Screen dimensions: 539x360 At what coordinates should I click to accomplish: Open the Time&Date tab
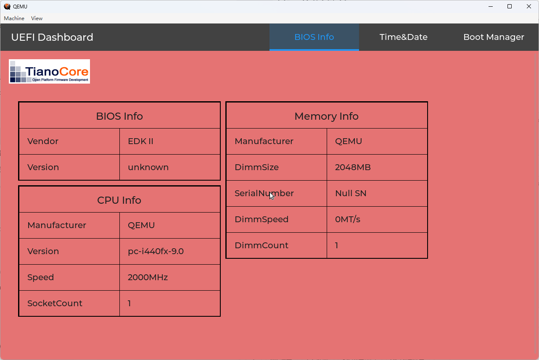click(403, 37)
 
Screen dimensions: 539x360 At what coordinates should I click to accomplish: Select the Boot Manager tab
click(494, 37)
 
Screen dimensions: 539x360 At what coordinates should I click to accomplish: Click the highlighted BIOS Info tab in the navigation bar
click(314, 37)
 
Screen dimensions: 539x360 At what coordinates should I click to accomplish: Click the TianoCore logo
click(49, 71)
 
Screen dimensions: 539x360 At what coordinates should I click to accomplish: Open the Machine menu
click(14, 18)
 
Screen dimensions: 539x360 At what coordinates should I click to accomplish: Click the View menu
click(37, 18)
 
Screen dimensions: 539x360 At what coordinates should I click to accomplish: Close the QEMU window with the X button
click(528, 6)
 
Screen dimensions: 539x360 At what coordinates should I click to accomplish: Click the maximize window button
click(510, 6)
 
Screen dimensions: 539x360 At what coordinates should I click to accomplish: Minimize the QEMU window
click(491, 6)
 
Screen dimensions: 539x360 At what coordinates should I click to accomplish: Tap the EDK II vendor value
click(140, 141)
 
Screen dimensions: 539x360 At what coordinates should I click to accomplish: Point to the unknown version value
click(148, 167)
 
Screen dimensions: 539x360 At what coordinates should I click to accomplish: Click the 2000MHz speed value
click(148, 277)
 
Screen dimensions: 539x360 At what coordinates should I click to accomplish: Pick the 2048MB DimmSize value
click(353, 167)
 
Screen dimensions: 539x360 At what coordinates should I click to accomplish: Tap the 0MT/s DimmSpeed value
click(347, 219)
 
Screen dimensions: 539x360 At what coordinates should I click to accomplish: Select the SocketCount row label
click(55, 303)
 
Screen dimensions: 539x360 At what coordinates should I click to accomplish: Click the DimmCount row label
click(262, 245)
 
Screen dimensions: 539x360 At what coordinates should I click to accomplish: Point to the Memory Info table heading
click(327, 116)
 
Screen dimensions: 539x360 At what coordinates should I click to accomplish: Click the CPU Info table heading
click(119, 200)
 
